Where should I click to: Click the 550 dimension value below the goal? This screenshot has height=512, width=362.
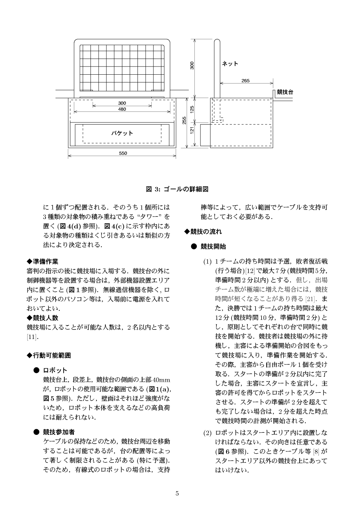(123, 153)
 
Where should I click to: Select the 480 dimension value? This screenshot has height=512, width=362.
(122, 109)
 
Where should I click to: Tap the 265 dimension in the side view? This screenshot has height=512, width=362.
(245, 81)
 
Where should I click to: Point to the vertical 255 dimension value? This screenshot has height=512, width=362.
(184, 120)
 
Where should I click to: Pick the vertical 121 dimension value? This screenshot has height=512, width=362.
(192, 131)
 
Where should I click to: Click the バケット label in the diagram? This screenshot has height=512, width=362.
(122, 133)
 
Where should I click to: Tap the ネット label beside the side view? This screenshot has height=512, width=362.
(230, 64)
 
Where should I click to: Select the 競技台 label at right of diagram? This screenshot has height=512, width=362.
(285, 92)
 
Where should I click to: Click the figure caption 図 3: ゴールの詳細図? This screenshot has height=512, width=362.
(177, 189)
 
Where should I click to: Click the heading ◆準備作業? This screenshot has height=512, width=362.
(42, 261)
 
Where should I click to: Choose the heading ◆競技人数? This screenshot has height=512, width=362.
(42, 318)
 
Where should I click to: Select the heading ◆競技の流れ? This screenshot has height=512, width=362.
(203, 232)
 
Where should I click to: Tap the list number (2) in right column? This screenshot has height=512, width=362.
(207, 433)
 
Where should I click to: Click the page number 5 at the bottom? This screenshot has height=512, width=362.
(177, 494)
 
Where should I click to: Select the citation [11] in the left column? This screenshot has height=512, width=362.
(32, 336)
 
